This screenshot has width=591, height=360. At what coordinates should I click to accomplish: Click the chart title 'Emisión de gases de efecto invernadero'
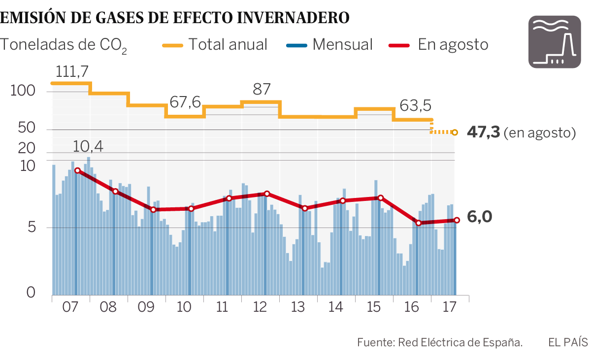point(175,18)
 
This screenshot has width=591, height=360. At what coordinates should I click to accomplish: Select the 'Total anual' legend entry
point(215,44)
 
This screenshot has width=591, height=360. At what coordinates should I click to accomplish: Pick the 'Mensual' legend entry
point(329,44)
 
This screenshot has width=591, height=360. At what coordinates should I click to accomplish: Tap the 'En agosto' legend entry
point(439,44)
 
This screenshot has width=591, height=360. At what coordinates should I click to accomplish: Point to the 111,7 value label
point(72,71)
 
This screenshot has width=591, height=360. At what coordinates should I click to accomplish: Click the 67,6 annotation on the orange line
point(185,102)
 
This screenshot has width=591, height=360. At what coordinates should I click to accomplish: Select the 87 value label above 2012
point(262,90)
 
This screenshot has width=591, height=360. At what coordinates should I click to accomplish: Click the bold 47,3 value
point(484,132)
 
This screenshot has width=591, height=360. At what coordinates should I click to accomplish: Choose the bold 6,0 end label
point(480,217)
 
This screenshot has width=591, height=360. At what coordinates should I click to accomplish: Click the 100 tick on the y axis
point(23,92)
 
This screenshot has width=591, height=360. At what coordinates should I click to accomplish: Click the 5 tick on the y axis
point(31,228)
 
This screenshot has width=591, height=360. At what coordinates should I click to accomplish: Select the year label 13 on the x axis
point(298,307)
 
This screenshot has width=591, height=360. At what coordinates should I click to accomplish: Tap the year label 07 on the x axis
point(70,307)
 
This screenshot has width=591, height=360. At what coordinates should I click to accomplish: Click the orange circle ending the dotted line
point(455,132)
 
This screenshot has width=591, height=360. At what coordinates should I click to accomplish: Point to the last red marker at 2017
point(456,220)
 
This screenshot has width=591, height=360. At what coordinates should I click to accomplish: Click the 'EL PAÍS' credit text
point(568,342)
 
